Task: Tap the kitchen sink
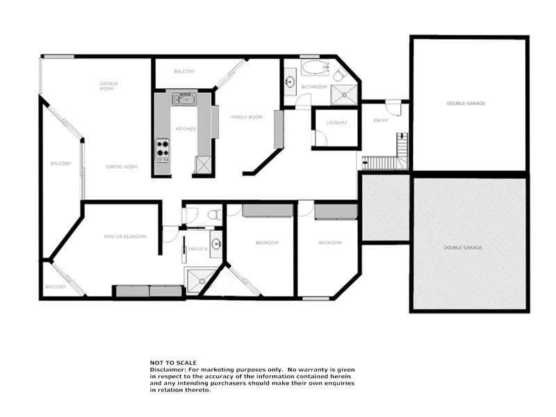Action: [185, 100]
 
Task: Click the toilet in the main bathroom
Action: [338, 74]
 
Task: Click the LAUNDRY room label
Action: [336, 123]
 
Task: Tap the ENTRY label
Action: [380, 120]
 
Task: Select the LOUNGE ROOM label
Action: [108, 86]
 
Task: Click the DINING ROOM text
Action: [122, 167]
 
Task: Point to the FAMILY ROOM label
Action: [247, 117]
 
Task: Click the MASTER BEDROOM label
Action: [125, 237]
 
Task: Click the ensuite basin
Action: [216, 244]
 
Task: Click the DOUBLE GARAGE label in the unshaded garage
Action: [466, 104]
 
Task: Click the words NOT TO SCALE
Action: [173, 363]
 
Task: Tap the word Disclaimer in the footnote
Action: [164, 369]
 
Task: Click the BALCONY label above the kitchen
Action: [184, 72]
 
